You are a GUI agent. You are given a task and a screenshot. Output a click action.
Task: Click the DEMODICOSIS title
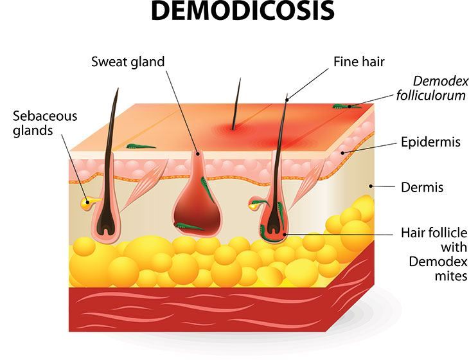243,11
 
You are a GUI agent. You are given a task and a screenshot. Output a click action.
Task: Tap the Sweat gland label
128,62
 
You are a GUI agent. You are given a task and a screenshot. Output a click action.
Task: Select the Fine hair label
359,62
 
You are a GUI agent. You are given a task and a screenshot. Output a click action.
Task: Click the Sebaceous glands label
45,123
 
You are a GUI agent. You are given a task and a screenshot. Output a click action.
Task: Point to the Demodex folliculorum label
432,88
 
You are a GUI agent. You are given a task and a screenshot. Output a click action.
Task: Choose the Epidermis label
430,142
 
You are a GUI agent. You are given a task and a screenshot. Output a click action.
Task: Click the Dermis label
422,187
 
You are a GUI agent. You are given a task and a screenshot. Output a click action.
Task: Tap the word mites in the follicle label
451,276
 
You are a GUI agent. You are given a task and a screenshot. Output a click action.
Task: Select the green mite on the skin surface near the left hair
140,147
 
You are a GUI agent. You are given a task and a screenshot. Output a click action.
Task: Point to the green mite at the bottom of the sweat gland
189,227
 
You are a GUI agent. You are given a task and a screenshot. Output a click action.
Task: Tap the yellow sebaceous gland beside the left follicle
88,203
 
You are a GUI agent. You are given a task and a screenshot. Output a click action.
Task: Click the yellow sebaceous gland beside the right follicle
255,204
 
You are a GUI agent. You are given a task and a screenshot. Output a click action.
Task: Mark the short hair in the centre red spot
236,104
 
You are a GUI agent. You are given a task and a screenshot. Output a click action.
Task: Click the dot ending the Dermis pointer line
370,186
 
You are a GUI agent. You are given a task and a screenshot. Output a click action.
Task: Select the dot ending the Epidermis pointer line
342,153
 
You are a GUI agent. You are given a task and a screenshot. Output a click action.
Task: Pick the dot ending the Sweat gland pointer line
197,154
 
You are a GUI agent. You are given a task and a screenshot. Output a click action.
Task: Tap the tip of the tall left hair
118,88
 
